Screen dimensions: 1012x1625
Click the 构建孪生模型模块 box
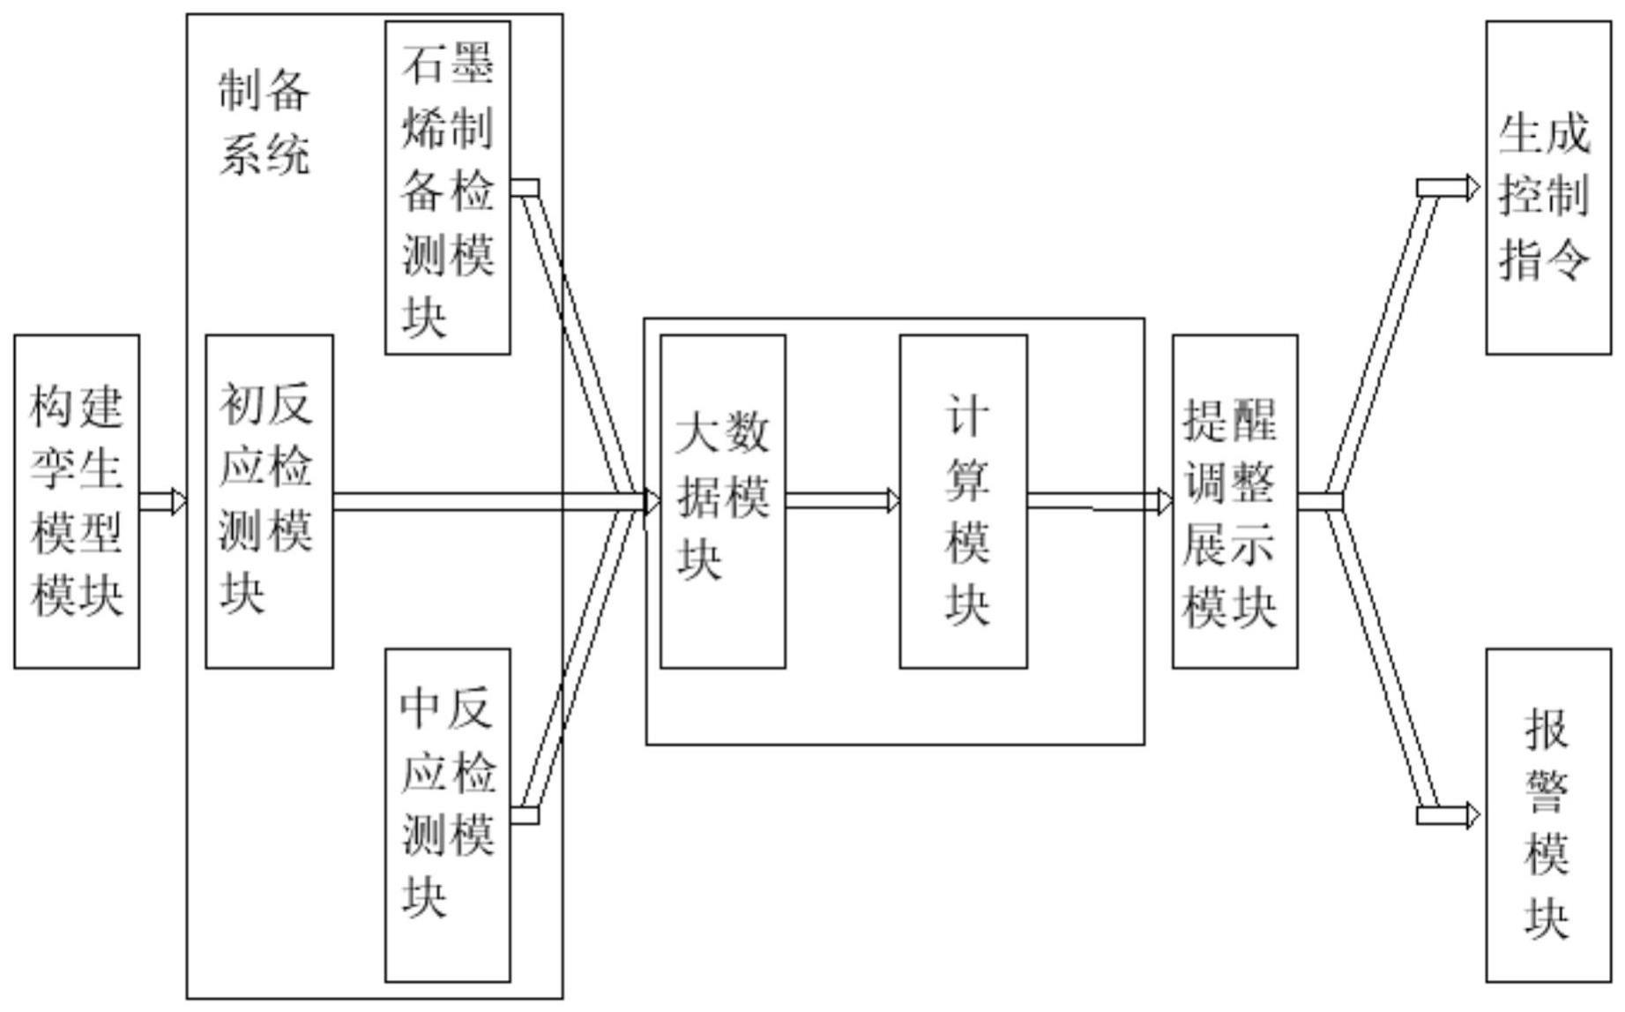pos(77,501)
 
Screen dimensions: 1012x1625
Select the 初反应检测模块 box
pos(269,501)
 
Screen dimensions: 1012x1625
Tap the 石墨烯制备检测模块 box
pos(448,188)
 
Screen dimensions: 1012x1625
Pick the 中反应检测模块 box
pos(448,815)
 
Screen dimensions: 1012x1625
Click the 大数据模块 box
pos(723,501)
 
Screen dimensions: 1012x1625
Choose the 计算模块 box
pos(963,501)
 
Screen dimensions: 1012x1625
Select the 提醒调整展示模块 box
pos(1234,501)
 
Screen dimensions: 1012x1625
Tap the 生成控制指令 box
pos(1547,188)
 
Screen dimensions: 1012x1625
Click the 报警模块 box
pos(1547,815)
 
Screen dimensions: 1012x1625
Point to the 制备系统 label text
pos(264,124)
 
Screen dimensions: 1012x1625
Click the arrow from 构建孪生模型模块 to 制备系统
pos(163,502)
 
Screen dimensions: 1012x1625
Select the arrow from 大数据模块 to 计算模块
pos(842,502)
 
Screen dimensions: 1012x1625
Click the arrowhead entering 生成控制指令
pos(1472,188)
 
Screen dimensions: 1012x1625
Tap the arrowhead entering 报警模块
pos(1472,815)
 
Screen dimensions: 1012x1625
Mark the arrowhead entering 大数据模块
pos(652,502)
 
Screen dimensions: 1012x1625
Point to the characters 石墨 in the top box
pos(448,64)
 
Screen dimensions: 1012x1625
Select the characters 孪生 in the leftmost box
pos(77,469)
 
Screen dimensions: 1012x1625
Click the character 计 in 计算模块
pos(967,415)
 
